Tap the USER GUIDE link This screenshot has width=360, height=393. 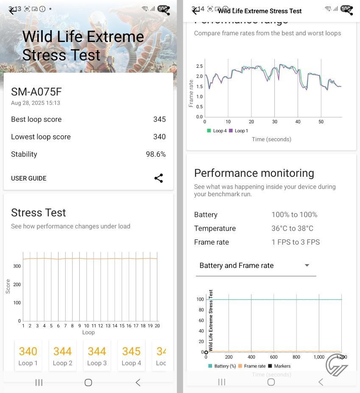[28, 178]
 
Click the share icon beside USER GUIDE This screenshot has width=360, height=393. [159, 178]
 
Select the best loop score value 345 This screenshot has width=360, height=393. [159, 120]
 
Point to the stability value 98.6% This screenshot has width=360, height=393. [156, 154]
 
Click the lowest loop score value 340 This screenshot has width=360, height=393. [159, 137]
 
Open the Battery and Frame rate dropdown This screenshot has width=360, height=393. [256, 266]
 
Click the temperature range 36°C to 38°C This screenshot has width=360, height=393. [292, 229]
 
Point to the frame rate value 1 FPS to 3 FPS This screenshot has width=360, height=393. [296, 242]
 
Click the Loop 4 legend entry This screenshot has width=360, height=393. [217, 131]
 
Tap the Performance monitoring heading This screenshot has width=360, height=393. [254, 173]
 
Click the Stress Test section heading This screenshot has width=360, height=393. [39, 212]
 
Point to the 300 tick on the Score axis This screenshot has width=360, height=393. [17, 266]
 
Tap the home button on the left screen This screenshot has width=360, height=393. [88, 382]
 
